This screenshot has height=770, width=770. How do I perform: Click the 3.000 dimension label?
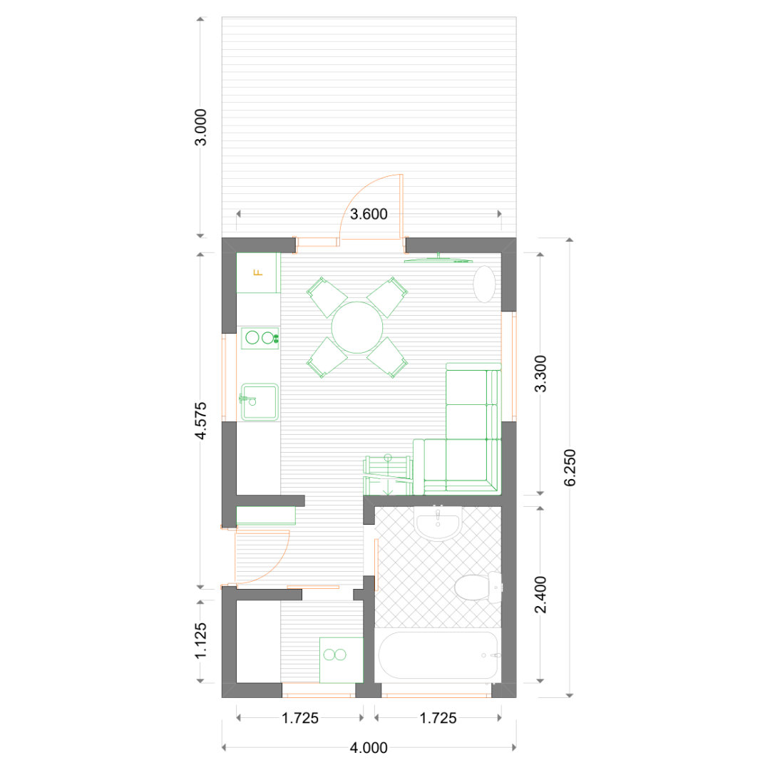pos(201,127)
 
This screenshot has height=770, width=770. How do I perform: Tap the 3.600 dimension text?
pos(369,214)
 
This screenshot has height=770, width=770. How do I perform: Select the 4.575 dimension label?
pos(201,421)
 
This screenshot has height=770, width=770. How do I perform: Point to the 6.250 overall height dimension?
pos(570,468)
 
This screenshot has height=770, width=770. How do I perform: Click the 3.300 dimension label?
pos(540,374)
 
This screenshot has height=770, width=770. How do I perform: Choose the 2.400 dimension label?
pos(540,595)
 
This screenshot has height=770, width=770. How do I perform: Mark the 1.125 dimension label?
pos(201,642)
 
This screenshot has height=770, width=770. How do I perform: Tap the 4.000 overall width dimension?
pos(369,748)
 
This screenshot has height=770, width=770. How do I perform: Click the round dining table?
pos(357,327)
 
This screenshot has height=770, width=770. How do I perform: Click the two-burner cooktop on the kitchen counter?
pos(260,338)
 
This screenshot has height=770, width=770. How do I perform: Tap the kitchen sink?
pos(259,402)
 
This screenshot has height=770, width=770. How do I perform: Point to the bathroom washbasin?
pos(438,523)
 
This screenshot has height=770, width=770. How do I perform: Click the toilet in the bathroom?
pos(478,587)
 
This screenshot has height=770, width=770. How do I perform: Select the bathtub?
pos(438,655)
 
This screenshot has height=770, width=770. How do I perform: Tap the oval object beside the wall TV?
pos(484,284)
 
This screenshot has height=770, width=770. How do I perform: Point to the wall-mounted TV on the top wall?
pos(438,260)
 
